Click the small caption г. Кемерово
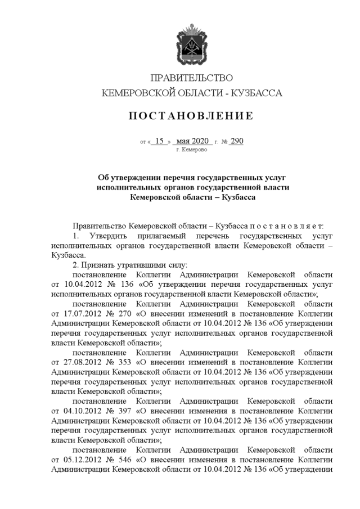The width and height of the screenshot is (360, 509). [x=191, y=150]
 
